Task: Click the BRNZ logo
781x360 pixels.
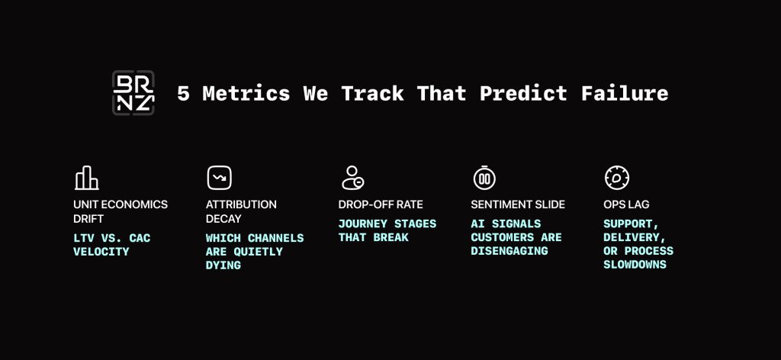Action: point(133,93)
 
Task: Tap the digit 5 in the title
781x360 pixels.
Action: point(183,94)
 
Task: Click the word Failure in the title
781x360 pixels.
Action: point(625,94)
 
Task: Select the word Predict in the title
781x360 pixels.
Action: point(523,94)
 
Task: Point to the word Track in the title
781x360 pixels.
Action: point(371,94)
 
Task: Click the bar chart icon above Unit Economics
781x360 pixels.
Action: point(87,178)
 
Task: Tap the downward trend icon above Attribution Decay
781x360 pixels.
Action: point(220,178)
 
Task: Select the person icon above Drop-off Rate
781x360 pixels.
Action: point(352,178)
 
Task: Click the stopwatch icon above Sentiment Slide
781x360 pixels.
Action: point(484,178)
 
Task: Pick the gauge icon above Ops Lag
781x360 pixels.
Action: point(617,178)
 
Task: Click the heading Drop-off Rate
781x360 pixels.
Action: point(381,204)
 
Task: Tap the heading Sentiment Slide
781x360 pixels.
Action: point(518,204)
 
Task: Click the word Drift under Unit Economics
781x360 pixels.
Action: point(88,219)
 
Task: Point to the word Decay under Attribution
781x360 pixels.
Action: point(223,219)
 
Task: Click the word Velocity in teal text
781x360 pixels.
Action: point(101,252)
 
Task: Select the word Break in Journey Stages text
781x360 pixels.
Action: point(391,237)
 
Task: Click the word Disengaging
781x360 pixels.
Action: point(509,251)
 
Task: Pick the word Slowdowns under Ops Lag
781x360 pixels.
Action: point(635,265)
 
